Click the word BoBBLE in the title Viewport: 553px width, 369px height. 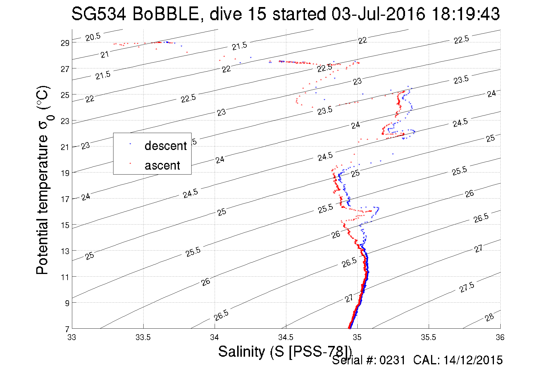pyautogui.click(x=166, y=14)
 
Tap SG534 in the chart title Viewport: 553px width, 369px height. pyautogui.click(x=99, y=14)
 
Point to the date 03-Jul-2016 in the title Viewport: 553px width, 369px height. pyautogui.click(x=378, y=14)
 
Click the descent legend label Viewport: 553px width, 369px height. pyautogui.click(x=166, y=146)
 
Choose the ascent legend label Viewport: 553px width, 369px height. pyautogui.click(x=162, y=165)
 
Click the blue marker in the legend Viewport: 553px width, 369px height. pyautogui.click(x=130, y=144)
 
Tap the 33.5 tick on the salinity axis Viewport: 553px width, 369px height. pyautogui.click(x=143, y=337)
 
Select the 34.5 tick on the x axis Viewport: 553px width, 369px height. pyautogui.click(x=286, y=337)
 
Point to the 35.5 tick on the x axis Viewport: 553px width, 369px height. pyautogui.click(x=428, y=337)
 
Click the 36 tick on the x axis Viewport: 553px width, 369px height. pyautogui.click(x=500, y=337)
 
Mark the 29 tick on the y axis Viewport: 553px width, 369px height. pyautogui.click(x=65, y=43)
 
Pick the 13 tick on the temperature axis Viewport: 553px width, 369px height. pyautogui.click(x=65, y=251)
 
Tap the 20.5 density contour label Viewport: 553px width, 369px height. pyautogui.click(x=93, y=37)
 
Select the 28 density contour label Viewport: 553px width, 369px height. pyautogui.click(x=489, y=317)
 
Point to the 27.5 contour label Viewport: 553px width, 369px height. pyautogui.click(x=467, y=287)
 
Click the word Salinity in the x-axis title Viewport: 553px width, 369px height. pyautogui.click(x=241, y=351)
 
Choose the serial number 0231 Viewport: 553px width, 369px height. pyautogui.click(x=392, y=360)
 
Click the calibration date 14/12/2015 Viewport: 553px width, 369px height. pyautogui.click(x=473, y=360)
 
